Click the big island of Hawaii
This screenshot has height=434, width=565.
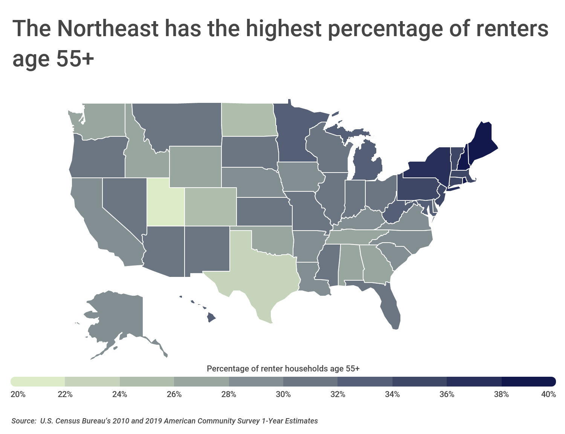click(x=211, y=318)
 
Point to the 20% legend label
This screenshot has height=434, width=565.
click(x=18, y=394)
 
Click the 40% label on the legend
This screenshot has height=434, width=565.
click(x=548, y=394)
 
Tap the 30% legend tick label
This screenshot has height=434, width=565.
click(x=283, y=394)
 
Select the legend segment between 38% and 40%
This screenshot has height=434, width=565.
click(x=528, y=381)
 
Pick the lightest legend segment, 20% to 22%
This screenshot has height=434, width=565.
click(x=38, y=381)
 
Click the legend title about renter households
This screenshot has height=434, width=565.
click(x=283, y=368)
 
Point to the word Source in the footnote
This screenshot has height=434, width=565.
click(x=23, y=421)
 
